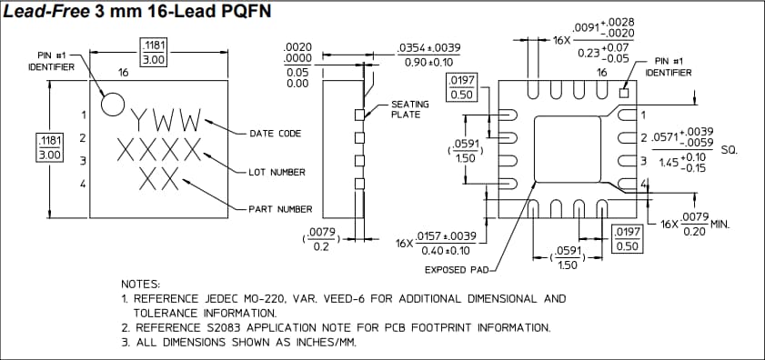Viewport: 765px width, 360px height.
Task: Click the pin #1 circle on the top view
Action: tap(111, 104)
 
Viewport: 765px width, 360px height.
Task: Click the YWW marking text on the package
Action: tap(165, 120)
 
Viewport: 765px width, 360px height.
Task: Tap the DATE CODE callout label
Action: tap(275, 134)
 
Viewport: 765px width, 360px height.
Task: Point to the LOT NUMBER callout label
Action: tap(277, 172)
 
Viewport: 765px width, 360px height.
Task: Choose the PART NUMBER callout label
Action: tap(280, 209)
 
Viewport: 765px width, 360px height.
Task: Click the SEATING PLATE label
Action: tap(410, 109)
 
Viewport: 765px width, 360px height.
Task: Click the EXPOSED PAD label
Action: tap(457, 270)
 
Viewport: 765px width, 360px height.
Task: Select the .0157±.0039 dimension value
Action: tap(446, 236)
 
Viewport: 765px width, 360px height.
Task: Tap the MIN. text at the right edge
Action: tap(724, 222)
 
